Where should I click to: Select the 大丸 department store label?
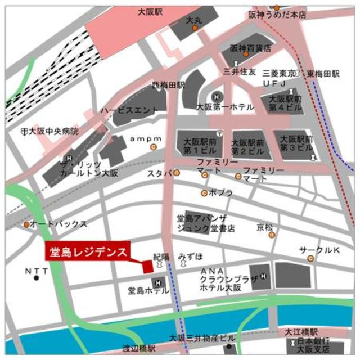[193, 21]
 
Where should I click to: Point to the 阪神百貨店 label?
[250, 48]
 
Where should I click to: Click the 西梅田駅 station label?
[168, 85]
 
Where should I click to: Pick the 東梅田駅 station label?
[323, 74]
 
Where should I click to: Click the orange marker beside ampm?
[153, 147]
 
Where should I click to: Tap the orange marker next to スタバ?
[177, 173]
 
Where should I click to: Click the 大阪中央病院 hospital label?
[53, 130]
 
